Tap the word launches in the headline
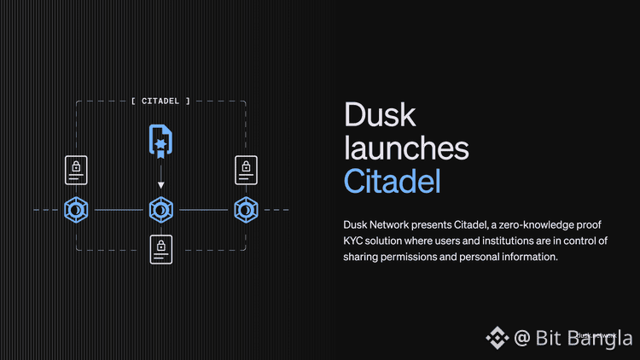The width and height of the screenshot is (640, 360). [406, 148]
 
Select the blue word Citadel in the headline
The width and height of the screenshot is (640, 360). [393, 180]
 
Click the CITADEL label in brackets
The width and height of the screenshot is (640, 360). [160, 101]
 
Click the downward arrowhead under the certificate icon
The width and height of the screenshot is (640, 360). [160, 184]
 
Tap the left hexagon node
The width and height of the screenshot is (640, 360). [76, 209]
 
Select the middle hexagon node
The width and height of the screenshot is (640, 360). [160, 209]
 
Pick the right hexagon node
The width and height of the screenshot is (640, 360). [246, 209]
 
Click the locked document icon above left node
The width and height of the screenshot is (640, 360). [76, 171]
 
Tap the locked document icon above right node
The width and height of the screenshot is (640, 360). [246, 171]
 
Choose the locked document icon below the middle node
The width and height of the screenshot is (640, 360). [160, 248]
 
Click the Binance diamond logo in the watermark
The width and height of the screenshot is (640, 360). [497, 338]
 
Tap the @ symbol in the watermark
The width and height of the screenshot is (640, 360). [523, 338]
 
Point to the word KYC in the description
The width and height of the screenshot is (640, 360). [354, 241]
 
